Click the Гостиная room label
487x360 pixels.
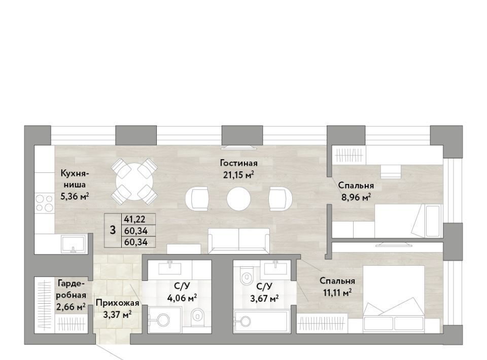pos(238,163)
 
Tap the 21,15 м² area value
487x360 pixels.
pos(238,175)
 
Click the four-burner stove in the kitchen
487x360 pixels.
pos(45,203)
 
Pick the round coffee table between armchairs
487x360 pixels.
pos(238,199)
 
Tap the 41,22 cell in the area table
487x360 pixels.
pos(135,219)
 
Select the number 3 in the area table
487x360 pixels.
pos(113,230)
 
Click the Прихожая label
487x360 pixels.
pos(117,303)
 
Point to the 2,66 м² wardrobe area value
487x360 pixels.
pos(71,307)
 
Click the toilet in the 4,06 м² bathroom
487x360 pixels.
pos(197,316)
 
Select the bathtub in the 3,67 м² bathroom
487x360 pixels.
pos(262,321)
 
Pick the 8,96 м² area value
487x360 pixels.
pos(356,197)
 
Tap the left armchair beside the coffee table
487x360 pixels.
pos(197,199)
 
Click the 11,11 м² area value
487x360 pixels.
pos(337,293)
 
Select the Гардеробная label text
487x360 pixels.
pos(71,289)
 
